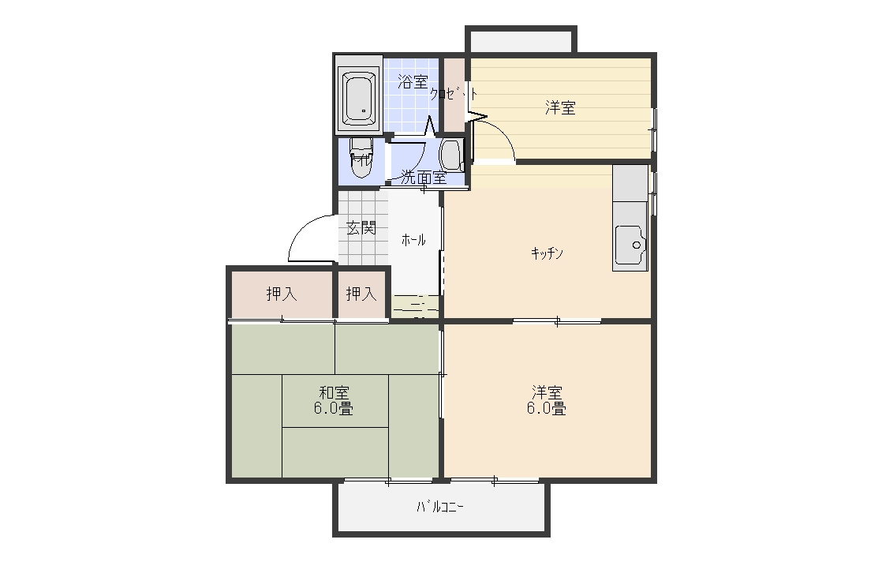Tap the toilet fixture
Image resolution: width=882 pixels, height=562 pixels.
(361, 158)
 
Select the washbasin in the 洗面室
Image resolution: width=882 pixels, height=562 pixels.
(451, 155)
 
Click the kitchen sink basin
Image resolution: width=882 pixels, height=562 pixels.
(630, 245)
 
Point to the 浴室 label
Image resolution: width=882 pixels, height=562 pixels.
(413, 82)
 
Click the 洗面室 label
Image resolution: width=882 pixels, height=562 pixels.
(424, 178)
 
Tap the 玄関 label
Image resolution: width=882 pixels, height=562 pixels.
(361, 228)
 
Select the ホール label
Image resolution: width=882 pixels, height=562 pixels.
(413, 240)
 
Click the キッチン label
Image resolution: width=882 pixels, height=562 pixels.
(547, 253)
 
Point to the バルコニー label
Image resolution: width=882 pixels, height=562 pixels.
(440, 508)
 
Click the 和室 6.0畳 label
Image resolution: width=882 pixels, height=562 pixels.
(334, 400)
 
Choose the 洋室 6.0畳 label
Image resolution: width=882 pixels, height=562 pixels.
(546, 400)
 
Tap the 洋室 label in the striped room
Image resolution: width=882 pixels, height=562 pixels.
(560, 108)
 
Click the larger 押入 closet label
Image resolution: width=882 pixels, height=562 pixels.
(282, 294)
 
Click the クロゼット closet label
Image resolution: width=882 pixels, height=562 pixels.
(454, 93)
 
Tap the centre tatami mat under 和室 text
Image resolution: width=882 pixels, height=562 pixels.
(335, 400)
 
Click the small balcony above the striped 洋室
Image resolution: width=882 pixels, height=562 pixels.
(521, 41)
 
